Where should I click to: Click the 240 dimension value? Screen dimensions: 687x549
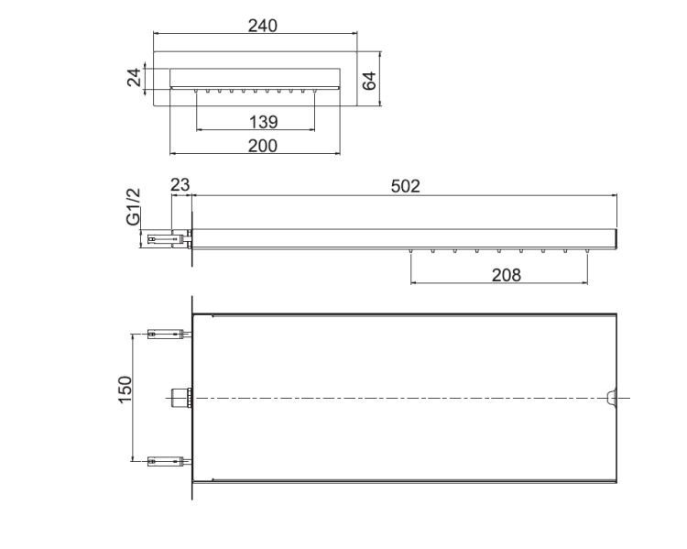(x=263, y=26)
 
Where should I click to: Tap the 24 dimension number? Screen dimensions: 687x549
(x=135, y=77)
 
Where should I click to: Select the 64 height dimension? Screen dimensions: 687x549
(x=369, y=81)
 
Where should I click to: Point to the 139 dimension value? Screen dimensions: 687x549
(x=263, y=122)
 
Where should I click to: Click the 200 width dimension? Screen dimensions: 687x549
(x=263, y=146)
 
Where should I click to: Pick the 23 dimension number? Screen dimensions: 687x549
(x=180, y=185)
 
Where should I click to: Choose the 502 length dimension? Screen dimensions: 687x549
(x=405, y=186)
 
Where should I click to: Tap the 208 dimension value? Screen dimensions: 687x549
(x=507, y=275)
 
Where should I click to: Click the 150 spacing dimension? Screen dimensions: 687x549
(x=125, y=390)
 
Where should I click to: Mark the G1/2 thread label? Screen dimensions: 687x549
(x=133, y=206)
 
